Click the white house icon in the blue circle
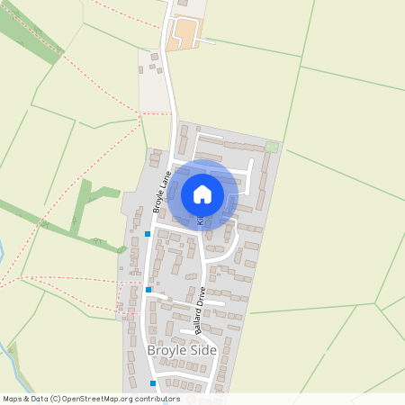pyautogui.click(x=202, y=193)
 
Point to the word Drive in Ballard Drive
pyautogui.click(x=202, y=296)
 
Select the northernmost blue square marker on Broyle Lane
pyautogui.click(x=148, y=234)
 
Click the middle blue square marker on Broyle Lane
pyautogui.click(x=148, y=290)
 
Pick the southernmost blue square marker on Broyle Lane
pyautogui.click(x=153, y=383)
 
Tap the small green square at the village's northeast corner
pyautogui.click(x=272, y=147)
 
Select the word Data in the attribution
pyautogui.click(x=44, y=399)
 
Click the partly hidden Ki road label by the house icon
pyautogui.click(x=201, y=219)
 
